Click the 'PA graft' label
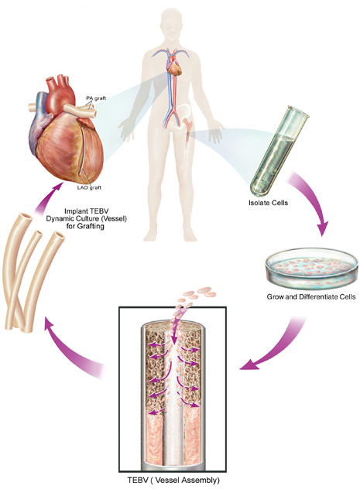click(96, 98)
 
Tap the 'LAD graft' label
click(89, 187)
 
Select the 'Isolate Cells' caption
click(268, 203)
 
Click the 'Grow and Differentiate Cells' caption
click(311, 296)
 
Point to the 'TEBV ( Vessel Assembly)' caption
click(173, 480)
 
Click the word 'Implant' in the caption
click(74, 211)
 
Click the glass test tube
click(279, 151)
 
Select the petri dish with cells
click(311, 269)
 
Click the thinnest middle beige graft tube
click(25, 277)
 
